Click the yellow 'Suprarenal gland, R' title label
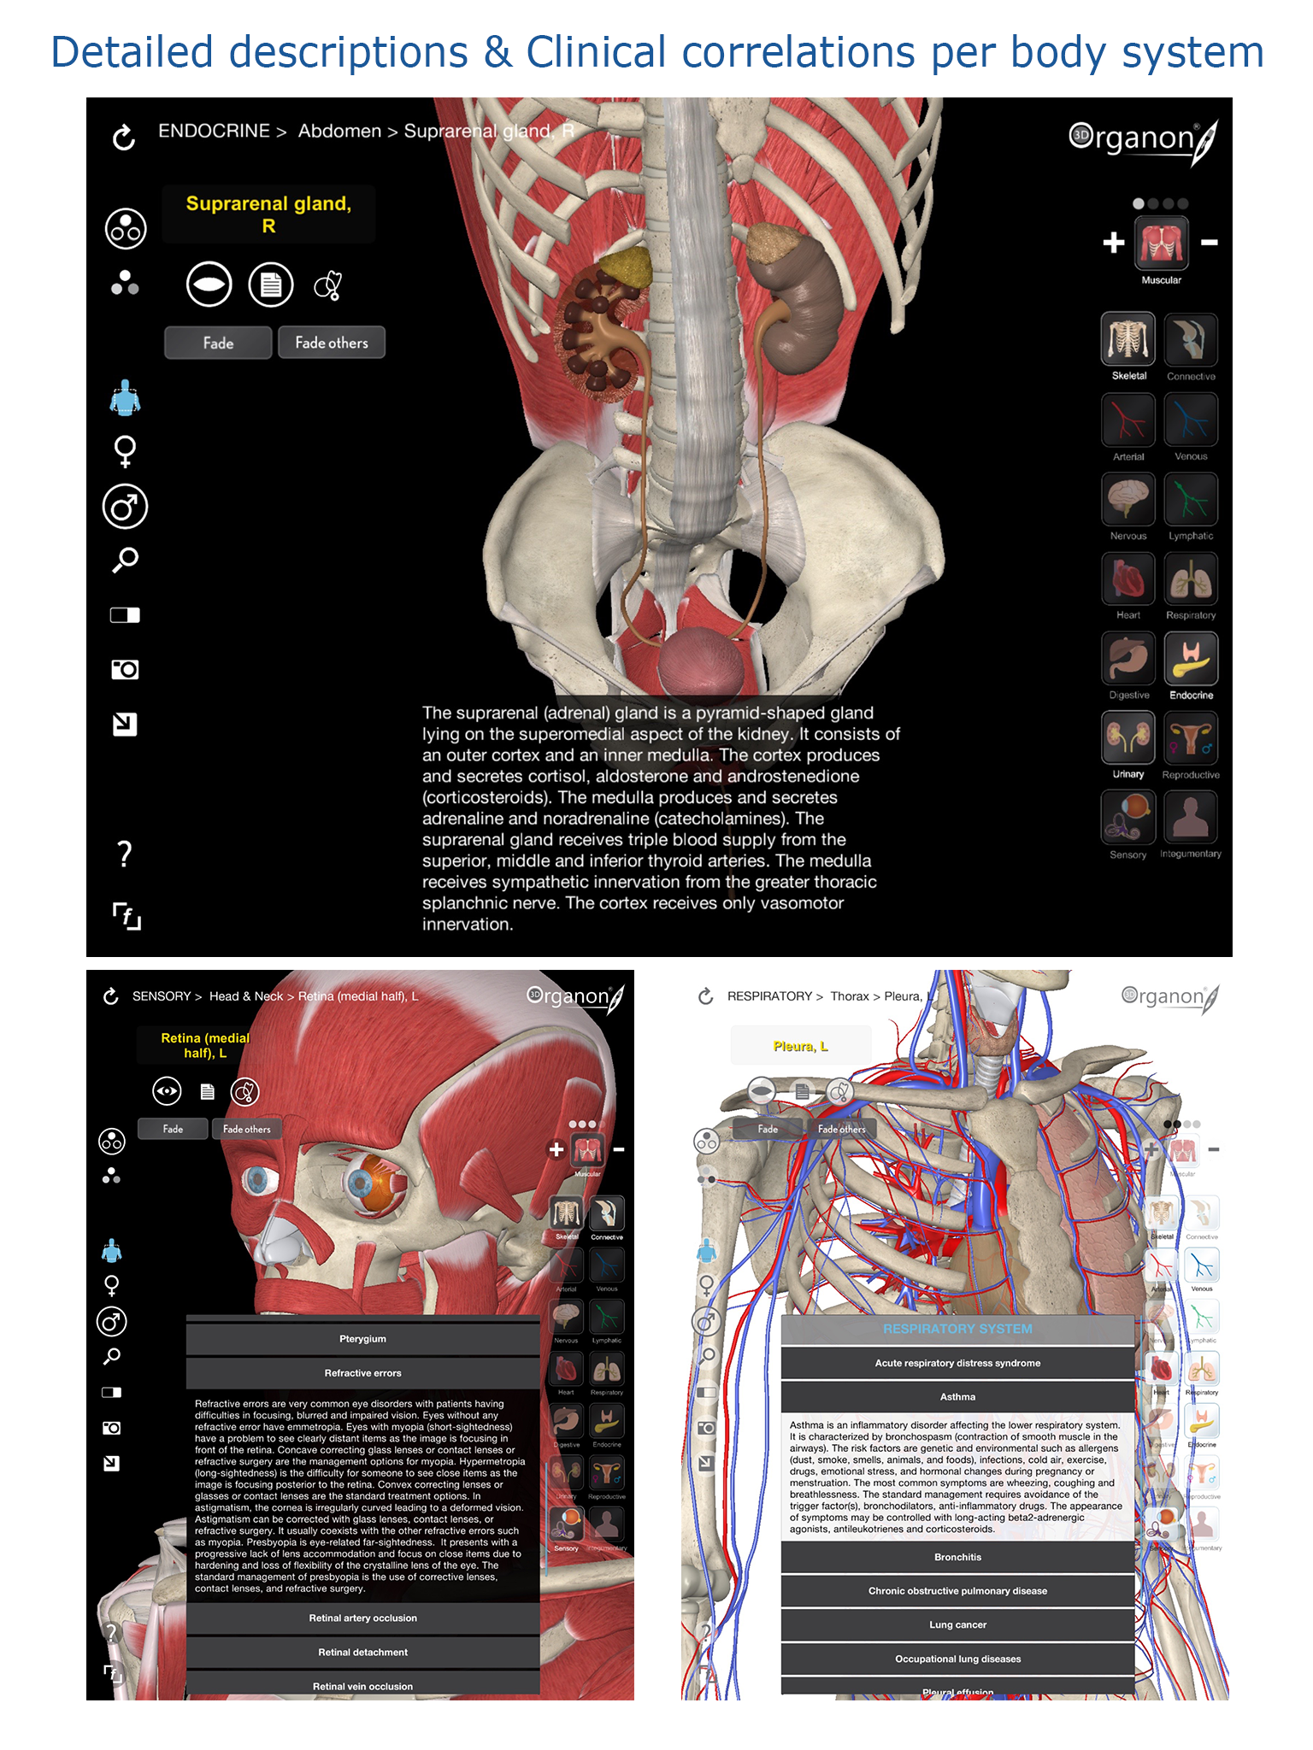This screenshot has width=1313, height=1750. pos(268,214)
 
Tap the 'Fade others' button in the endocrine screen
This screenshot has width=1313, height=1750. pos(332,343)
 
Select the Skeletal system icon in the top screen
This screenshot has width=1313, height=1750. pos(1128,340)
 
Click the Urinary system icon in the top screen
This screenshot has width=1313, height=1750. pos(1128,738)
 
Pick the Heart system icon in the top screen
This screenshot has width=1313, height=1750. pos(1128,579)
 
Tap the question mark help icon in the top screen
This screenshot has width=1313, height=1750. pos(125,854)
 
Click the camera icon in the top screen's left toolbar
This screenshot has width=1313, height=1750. pos(125,669)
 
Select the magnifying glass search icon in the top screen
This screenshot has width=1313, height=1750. pos(125,561)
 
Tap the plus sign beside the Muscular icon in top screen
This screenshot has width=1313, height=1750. pos(1113,243)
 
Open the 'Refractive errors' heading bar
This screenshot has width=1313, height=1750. pos(362,1373)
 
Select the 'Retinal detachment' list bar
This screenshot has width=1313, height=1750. pos(362,1653)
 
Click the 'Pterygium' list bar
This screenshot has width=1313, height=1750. pos(362,1339)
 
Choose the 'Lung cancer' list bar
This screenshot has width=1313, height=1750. pos(957,1625)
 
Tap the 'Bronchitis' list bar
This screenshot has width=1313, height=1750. pos(957,1558)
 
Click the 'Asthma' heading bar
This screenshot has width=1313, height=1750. pos(957,1397)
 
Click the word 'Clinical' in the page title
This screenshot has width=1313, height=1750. pos(595,53)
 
